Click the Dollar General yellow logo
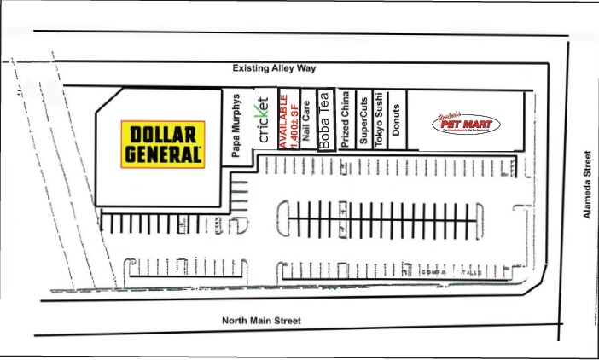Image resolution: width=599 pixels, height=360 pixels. (x=162, y=144)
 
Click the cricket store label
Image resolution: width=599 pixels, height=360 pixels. (x=264, y=120)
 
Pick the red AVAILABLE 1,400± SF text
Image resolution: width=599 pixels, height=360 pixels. (x=290, y=119)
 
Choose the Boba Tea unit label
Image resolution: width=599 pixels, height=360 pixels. (x=324, y=120)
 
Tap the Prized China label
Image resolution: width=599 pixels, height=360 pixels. (x=345, y=120)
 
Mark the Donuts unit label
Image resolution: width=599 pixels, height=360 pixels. (x=396, y=120)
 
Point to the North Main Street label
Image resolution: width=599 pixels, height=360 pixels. (x=262, y=321)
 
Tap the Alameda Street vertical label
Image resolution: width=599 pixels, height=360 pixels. (x=587, y=185)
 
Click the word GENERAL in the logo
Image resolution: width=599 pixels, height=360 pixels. (x=162, y=154)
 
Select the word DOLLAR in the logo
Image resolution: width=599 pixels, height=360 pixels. (x=162, y=135)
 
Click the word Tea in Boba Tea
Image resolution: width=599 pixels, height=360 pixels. (x=324, y=103)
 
